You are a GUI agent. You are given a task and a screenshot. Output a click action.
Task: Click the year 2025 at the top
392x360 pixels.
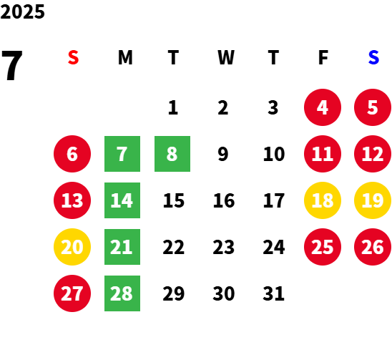click(x=22, y=11)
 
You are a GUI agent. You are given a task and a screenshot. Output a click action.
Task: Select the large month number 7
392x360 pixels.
click(x=12, y=65)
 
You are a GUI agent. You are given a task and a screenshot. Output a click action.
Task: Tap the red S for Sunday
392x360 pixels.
click(x=73, y=57)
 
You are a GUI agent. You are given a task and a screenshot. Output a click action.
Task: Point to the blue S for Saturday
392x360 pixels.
click(x=373, y=57)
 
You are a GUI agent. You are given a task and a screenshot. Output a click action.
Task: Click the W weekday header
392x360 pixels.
click(x=226, y=57)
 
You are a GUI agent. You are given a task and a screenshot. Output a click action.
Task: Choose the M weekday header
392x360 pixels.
click(x=125, y=57)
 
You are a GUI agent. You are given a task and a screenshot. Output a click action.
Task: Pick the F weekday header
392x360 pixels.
click(x=323, y=57)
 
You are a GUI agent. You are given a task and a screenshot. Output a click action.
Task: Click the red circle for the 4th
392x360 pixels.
click(x=323, y=107)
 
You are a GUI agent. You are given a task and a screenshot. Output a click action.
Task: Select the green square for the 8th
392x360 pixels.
click(x=172, y=154)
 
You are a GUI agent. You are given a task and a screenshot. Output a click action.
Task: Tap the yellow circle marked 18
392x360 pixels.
click(x=323, y=200)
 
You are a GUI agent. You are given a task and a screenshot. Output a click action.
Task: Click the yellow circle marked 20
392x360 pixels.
click(x=72, y=247)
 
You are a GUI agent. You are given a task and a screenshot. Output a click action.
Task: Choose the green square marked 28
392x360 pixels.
click(x=122, y=293)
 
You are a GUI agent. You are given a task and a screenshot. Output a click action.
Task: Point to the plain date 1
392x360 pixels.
click(x=173, y=107)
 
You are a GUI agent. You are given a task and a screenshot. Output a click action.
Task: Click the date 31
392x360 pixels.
click(x=273, y=293)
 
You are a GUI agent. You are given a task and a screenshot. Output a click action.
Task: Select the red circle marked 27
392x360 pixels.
click(x=72, y=293)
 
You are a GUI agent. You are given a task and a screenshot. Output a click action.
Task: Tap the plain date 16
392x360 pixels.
click(x=224, y=200)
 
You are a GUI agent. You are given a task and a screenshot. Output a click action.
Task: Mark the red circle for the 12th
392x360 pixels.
click(x=373, y=154)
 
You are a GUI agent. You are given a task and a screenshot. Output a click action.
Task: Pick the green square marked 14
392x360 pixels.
click(x=122, y=200)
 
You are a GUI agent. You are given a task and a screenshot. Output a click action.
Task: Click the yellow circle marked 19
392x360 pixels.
click(x=373, y=200)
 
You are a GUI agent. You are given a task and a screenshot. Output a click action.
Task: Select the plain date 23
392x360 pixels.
click(x=223, y=247)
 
